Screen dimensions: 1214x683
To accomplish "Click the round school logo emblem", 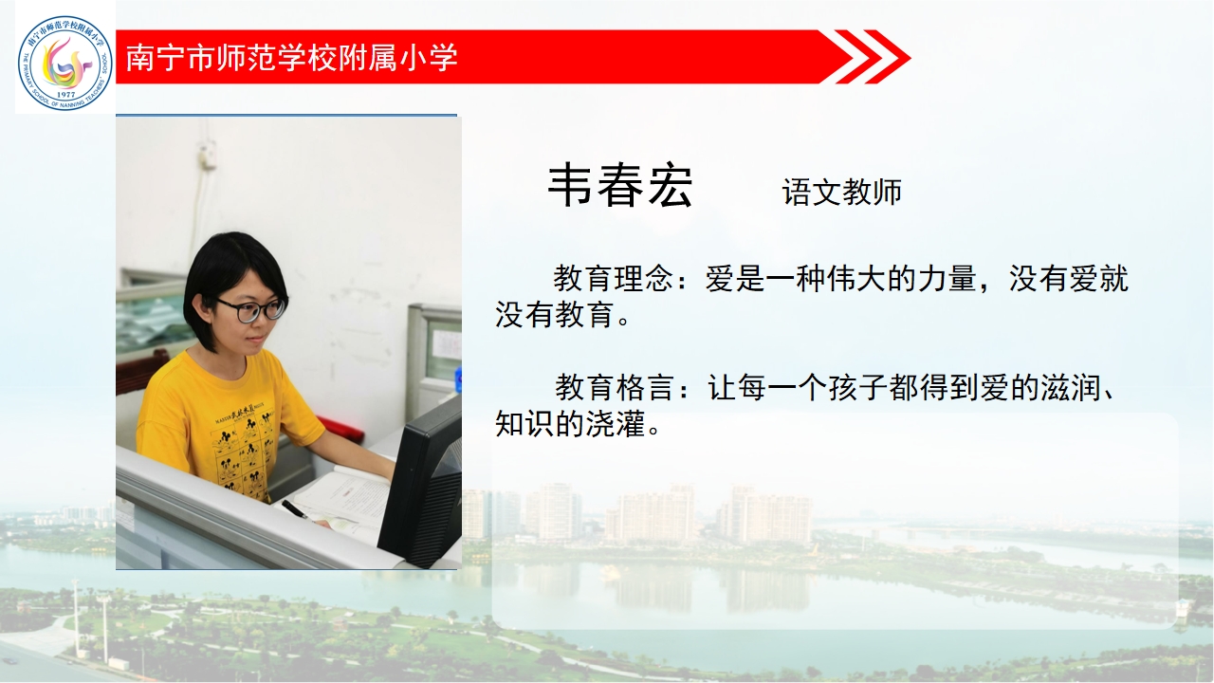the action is (65, 63).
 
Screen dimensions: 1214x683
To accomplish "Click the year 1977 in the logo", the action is (66, 94).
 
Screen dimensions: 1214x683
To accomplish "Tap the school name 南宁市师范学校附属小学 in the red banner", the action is (291, 58).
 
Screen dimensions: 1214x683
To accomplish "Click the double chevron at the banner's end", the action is (873, 57).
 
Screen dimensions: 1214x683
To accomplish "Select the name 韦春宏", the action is (620, 186).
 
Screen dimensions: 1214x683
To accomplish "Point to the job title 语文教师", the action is (841, 192).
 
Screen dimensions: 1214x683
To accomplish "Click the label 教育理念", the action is (613, 279).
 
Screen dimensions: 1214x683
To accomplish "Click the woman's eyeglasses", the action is (252, 309).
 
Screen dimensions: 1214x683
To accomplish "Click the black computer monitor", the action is (420, 483).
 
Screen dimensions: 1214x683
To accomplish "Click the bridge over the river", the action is (921, 531).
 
